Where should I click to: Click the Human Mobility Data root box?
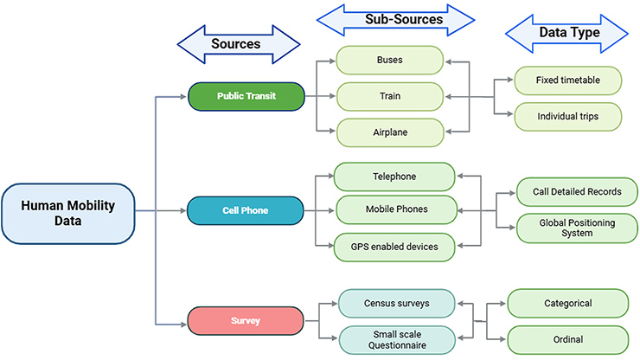(68, 214)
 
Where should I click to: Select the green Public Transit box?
(246, 96)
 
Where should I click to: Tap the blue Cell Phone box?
(246, 211)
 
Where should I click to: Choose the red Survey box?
(246, 321)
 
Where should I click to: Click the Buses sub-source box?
(390, 60)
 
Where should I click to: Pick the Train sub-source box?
(390, 96)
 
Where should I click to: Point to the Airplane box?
(390, 132)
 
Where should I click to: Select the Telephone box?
(394, 177)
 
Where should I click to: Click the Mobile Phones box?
(396, 210)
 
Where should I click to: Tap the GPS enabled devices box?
(394, 247)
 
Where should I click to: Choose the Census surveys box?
(397, 304)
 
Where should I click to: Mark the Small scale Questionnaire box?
(397, 340)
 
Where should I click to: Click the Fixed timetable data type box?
(567, 80)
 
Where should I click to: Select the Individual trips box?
(567, 117)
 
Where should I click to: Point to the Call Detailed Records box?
(577, 192)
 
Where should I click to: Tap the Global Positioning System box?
(577, 228)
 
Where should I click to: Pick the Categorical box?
(567, 304)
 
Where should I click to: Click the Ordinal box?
(567, 340)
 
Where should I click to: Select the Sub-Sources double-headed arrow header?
(395, 20)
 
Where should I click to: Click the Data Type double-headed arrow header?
(566, 34)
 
